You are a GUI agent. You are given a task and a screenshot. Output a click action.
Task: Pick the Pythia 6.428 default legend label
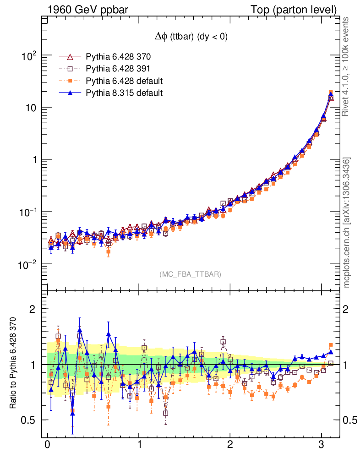coord(125,81)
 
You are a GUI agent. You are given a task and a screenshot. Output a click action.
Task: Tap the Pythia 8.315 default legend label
coord(125,93)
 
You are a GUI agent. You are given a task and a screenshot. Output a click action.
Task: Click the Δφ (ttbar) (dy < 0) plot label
coord(191,37)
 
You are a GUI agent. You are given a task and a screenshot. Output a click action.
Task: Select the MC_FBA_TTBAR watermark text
coord(191,274)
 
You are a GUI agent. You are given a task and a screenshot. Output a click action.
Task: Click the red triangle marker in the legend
coord(71,57)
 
